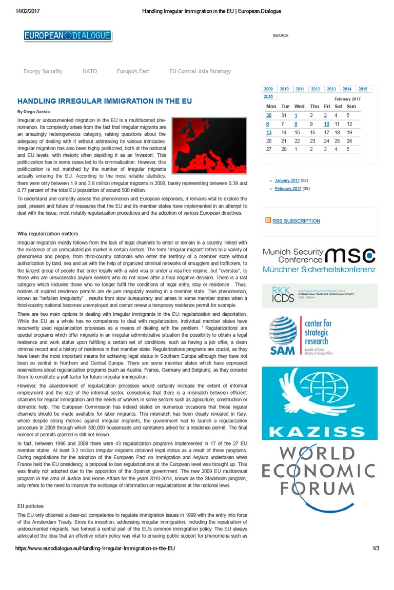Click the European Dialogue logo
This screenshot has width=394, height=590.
[67, 35]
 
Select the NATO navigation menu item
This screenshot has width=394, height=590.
[90, 71]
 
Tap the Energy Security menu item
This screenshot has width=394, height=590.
[43, 71]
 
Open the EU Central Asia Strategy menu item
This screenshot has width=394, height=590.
[200, 71]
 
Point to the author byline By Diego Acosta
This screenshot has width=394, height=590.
[34, 111]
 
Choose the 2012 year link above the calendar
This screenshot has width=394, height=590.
[316, 89]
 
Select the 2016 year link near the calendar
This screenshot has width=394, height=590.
[268, 96]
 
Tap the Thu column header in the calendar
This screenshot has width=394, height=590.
[314, 107]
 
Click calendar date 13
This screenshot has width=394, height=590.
[269, 132]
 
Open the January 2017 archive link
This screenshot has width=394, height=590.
[287, 180]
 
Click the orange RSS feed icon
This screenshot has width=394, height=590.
[268, 220]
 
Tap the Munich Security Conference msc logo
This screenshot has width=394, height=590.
[319, 260]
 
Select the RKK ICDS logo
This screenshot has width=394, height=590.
[319, 295]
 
